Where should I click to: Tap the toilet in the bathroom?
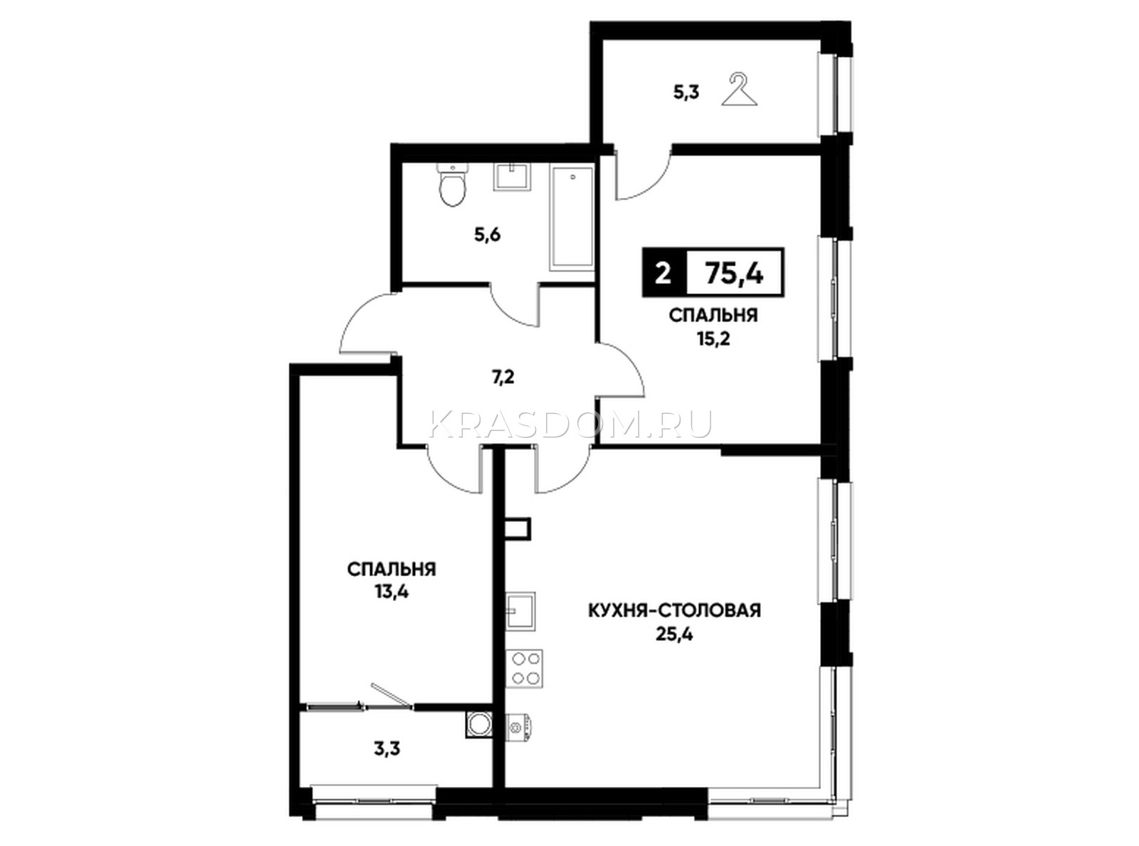[453, 185]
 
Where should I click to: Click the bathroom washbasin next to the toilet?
[512, 177]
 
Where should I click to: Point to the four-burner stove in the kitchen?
[524, 668]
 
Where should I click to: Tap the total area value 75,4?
[735, 273]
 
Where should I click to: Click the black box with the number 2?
[663, 273]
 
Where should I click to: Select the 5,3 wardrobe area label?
[686, 94]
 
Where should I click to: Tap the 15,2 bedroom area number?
[713, 339]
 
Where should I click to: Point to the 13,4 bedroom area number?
[392, 592]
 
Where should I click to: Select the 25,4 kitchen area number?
[674, 635]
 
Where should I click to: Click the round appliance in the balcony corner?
[478, 724]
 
